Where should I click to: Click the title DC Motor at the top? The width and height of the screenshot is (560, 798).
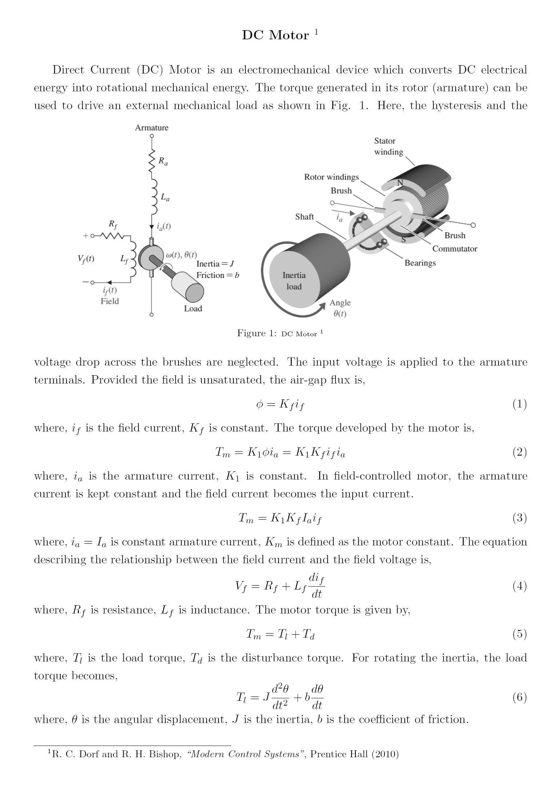pyautogui.click(x=275, y=35)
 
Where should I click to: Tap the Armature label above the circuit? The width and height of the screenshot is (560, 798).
pyautogui.click(x=152, y=128)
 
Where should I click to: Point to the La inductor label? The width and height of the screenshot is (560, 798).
pyautogui.click(x=165, y=198)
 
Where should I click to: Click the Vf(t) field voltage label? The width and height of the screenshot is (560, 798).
pyautogui.click(x=86, y=259)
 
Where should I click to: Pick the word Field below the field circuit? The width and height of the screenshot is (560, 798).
pyautogui.click(x=110, y=301)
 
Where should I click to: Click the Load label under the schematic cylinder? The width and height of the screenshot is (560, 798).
pyautogui.click(x=193, y=309)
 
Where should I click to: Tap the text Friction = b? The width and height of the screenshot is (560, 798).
pyautogui.click(x=218, y=275)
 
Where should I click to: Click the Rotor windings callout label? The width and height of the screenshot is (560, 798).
pyautogui.click(x=331, y=177)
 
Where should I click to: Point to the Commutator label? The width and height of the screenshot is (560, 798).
pyautogui.click(x=455, y=249)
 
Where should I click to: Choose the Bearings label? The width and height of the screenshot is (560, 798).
pyautogui.click(x=420, y=263)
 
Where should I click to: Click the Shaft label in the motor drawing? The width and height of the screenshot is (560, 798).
pyautogui.click(x=304, y=217)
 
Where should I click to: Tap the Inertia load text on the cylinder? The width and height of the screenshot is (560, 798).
pyautogui.click(x=294, y=281)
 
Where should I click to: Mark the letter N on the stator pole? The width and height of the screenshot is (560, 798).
pyautogui.click(x=400, y=183)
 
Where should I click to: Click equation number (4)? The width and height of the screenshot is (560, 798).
pyautogui.click(x=519, y=586)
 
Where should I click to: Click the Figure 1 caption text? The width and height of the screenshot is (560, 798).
pyautogui.click(x=280, y=333)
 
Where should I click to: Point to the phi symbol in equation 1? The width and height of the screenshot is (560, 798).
pyautogui.click(x=259, y=404)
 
